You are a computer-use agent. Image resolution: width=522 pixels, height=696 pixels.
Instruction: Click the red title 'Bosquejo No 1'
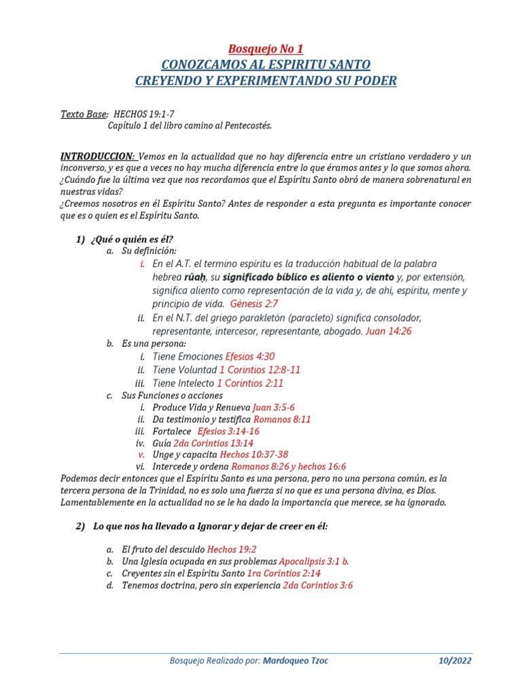pos(265,49)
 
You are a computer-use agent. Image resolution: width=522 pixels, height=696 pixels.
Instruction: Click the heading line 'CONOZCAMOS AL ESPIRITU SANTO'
pos(266,65)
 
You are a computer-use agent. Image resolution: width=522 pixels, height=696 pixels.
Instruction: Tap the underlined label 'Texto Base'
pos(84,114)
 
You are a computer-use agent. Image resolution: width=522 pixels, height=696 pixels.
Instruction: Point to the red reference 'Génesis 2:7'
pos(254,303)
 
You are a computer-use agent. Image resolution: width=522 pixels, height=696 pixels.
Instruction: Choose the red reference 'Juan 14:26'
pos(388,331)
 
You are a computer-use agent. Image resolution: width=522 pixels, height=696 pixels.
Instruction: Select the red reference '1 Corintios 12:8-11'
pos(260,370)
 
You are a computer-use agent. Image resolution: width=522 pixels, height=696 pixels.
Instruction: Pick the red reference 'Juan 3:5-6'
pos(273,408)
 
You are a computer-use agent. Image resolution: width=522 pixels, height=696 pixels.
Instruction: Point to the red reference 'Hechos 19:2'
pos(231,549)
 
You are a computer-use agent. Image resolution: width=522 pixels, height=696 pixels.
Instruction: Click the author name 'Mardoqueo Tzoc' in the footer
pos(296,661)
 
